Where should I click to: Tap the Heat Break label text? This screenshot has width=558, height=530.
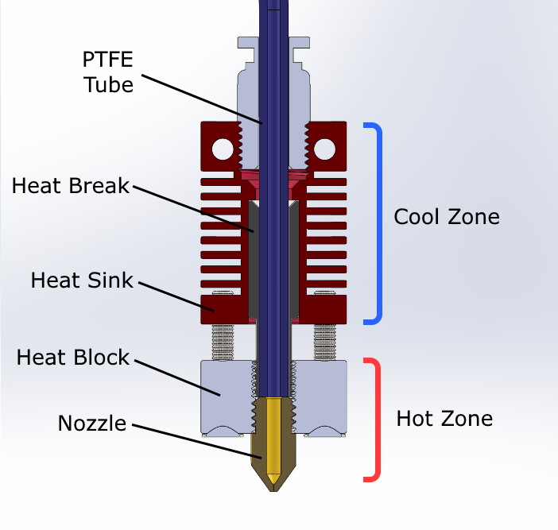click(70, 186)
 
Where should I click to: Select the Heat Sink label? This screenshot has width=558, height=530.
click(82, 280)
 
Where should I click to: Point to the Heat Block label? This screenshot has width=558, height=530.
click(72, 358)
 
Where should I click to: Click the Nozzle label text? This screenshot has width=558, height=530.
click(92, 423)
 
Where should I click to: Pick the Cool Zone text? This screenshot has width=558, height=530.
click(447, 216)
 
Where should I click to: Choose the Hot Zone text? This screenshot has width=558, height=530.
click(444, 418)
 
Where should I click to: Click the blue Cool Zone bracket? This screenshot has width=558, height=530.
click(378, 222)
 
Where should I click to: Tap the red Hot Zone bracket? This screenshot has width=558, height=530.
click(377, 420)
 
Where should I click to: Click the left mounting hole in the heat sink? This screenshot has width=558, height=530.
click(223, 148)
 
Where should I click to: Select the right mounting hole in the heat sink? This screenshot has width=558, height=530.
click(324, 148)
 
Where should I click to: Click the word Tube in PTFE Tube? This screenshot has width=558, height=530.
click(108, 84)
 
